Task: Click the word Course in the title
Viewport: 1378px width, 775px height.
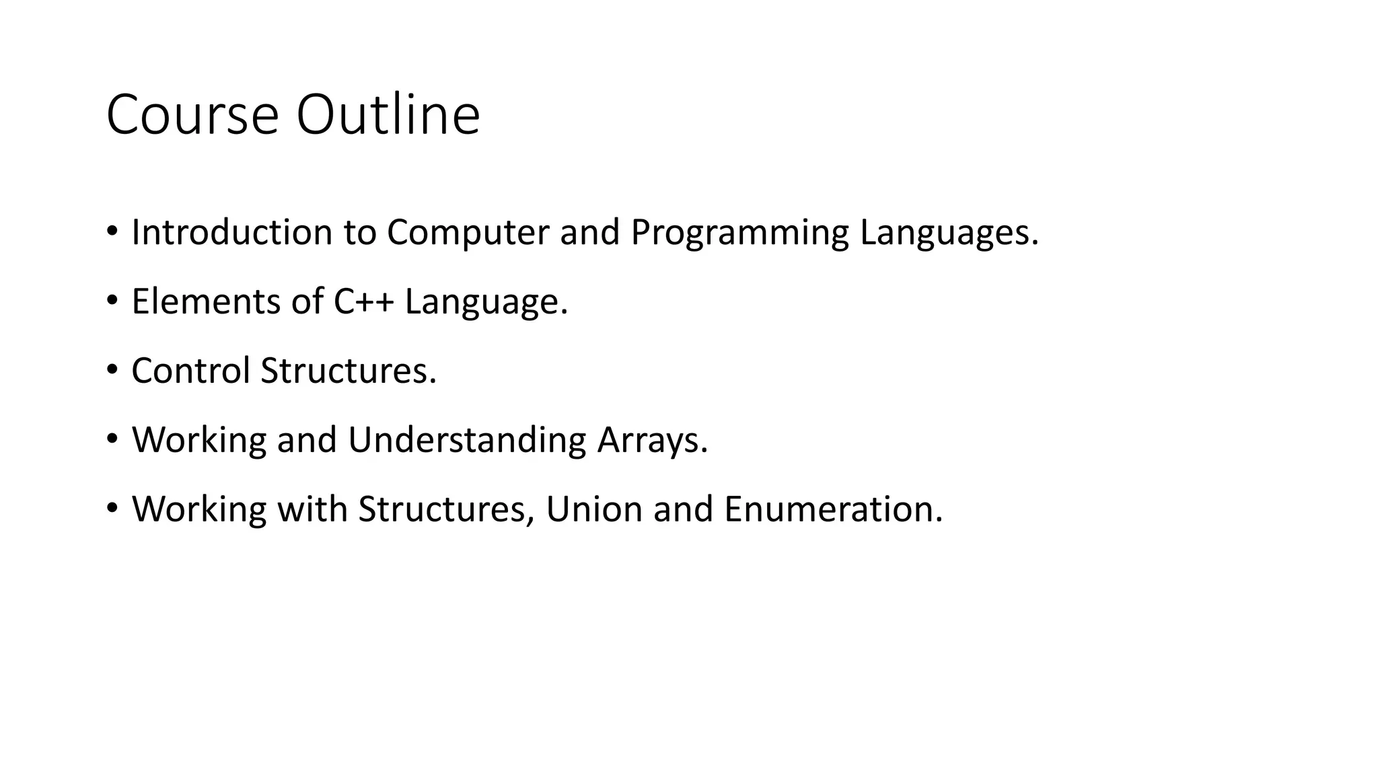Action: pyautogui.click(x=192, y=115)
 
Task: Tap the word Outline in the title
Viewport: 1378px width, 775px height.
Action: pyautogui.click(x=388, y=115)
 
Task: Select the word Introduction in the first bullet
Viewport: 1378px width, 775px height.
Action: pyautogui.click(x=231, y=232)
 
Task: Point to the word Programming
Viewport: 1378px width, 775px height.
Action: pyautogui.click(x=739, y=233)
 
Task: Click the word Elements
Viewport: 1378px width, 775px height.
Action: pyautogui.click(x=205, y=301)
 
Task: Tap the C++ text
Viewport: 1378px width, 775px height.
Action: pyautogui.click(x=363, y=301)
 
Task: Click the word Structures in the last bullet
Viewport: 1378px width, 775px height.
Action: pyautogui.click(x=441, y=509)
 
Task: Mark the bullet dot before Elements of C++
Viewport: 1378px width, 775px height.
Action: pyautogui.click(x=112, y=299)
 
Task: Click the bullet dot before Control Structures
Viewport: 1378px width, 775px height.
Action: pyautogui.click(x=112, y=369)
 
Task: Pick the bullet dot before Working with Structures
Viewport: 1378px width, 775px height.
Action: pyautogui.click(x=112, y=507)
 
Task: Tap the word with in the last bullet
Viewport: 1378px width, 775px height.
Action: pyautogui.click(x=312, y=509)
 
